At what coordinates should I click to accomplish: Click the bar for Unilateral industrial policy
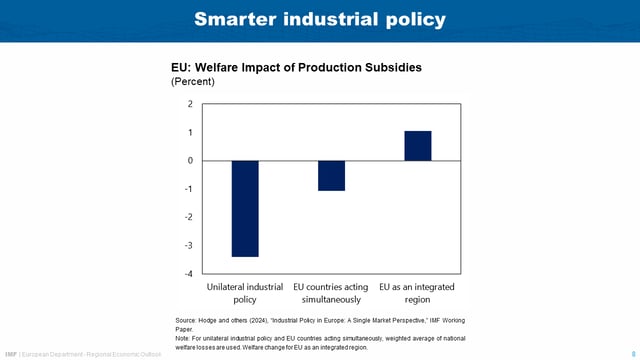(x=245, y=208)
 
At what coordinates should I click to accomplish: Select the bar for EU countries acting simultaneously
(x=331, y=175)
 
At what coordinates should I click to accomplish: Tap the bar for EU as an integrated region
(x=418, y=146)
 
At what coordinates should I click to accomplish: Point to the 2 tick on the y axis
(x=190, y=104)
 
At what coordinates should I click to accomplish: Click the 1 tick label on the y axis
(x=190, y=132)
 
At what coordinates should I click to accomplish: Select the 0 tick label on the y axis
(x=190, y=160)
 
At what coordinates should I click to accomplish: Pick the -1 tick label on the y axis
(x=188, y=189)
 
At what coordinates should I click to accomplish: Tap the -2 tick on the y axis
(x=188, y=217)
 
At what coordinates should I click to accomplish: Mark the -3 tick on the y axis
(x=188, y=245)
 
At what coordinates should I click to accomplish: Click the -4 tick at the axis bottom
(x=188, y=273)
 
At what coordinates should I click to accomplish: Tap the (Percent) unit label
(x=193, y=82)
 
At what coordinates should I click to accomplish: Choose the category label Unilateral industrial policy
(x=245, y=293)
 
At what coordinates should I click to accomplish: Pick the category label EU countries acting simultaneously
(x=331, y=293)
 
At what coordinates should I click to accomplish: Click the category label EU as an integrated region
(x=418, y=293)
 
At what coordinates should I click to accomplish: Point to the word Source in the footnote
(x=187, y=319)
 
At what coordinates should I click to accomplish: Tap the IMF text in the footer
(x=11, y=353)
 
